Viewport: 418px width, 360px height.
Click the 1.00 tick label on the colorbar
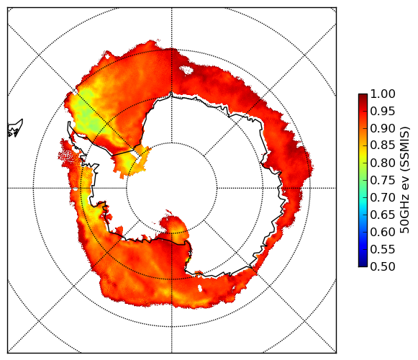tap(383, 94)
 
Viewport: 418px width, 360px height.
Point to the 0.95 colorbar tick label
tap(383, 112)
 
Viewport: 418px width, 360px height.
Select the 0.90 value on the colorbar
tap(383, 128)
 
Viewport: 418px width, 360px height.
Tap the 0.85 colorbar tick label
tap(383, 145)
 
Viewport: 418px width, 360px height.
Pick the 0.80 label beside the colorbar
tap(383, 163)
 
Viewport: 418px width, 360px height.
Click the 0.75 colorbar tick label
tap(383, 181)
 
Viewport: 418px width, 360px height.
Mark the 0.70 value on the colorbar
tap(383, 197)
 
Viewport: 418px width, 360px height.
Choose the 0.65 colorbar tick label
tap(383, 215)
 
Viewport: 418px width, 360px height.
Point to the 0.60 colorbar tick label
tap(383, 232)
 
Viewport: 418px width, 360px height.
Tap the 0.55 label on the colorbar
tap(383, 249)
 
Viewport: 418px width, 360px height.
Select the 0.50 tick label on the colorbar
tap(383, 266)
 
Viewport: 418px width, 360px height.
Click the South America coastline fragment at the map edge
tap(15, 128)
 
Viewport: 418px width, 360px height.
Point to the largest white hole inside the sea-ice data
tap(186, 70)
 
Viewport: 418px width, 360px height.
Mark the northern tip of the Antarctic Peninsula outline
tap(69, 122)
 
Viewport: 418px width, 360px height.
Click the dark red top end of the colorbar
tap(363, 96)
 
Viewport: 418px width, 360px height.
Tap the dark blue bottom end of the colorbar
tap(363, 265)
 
